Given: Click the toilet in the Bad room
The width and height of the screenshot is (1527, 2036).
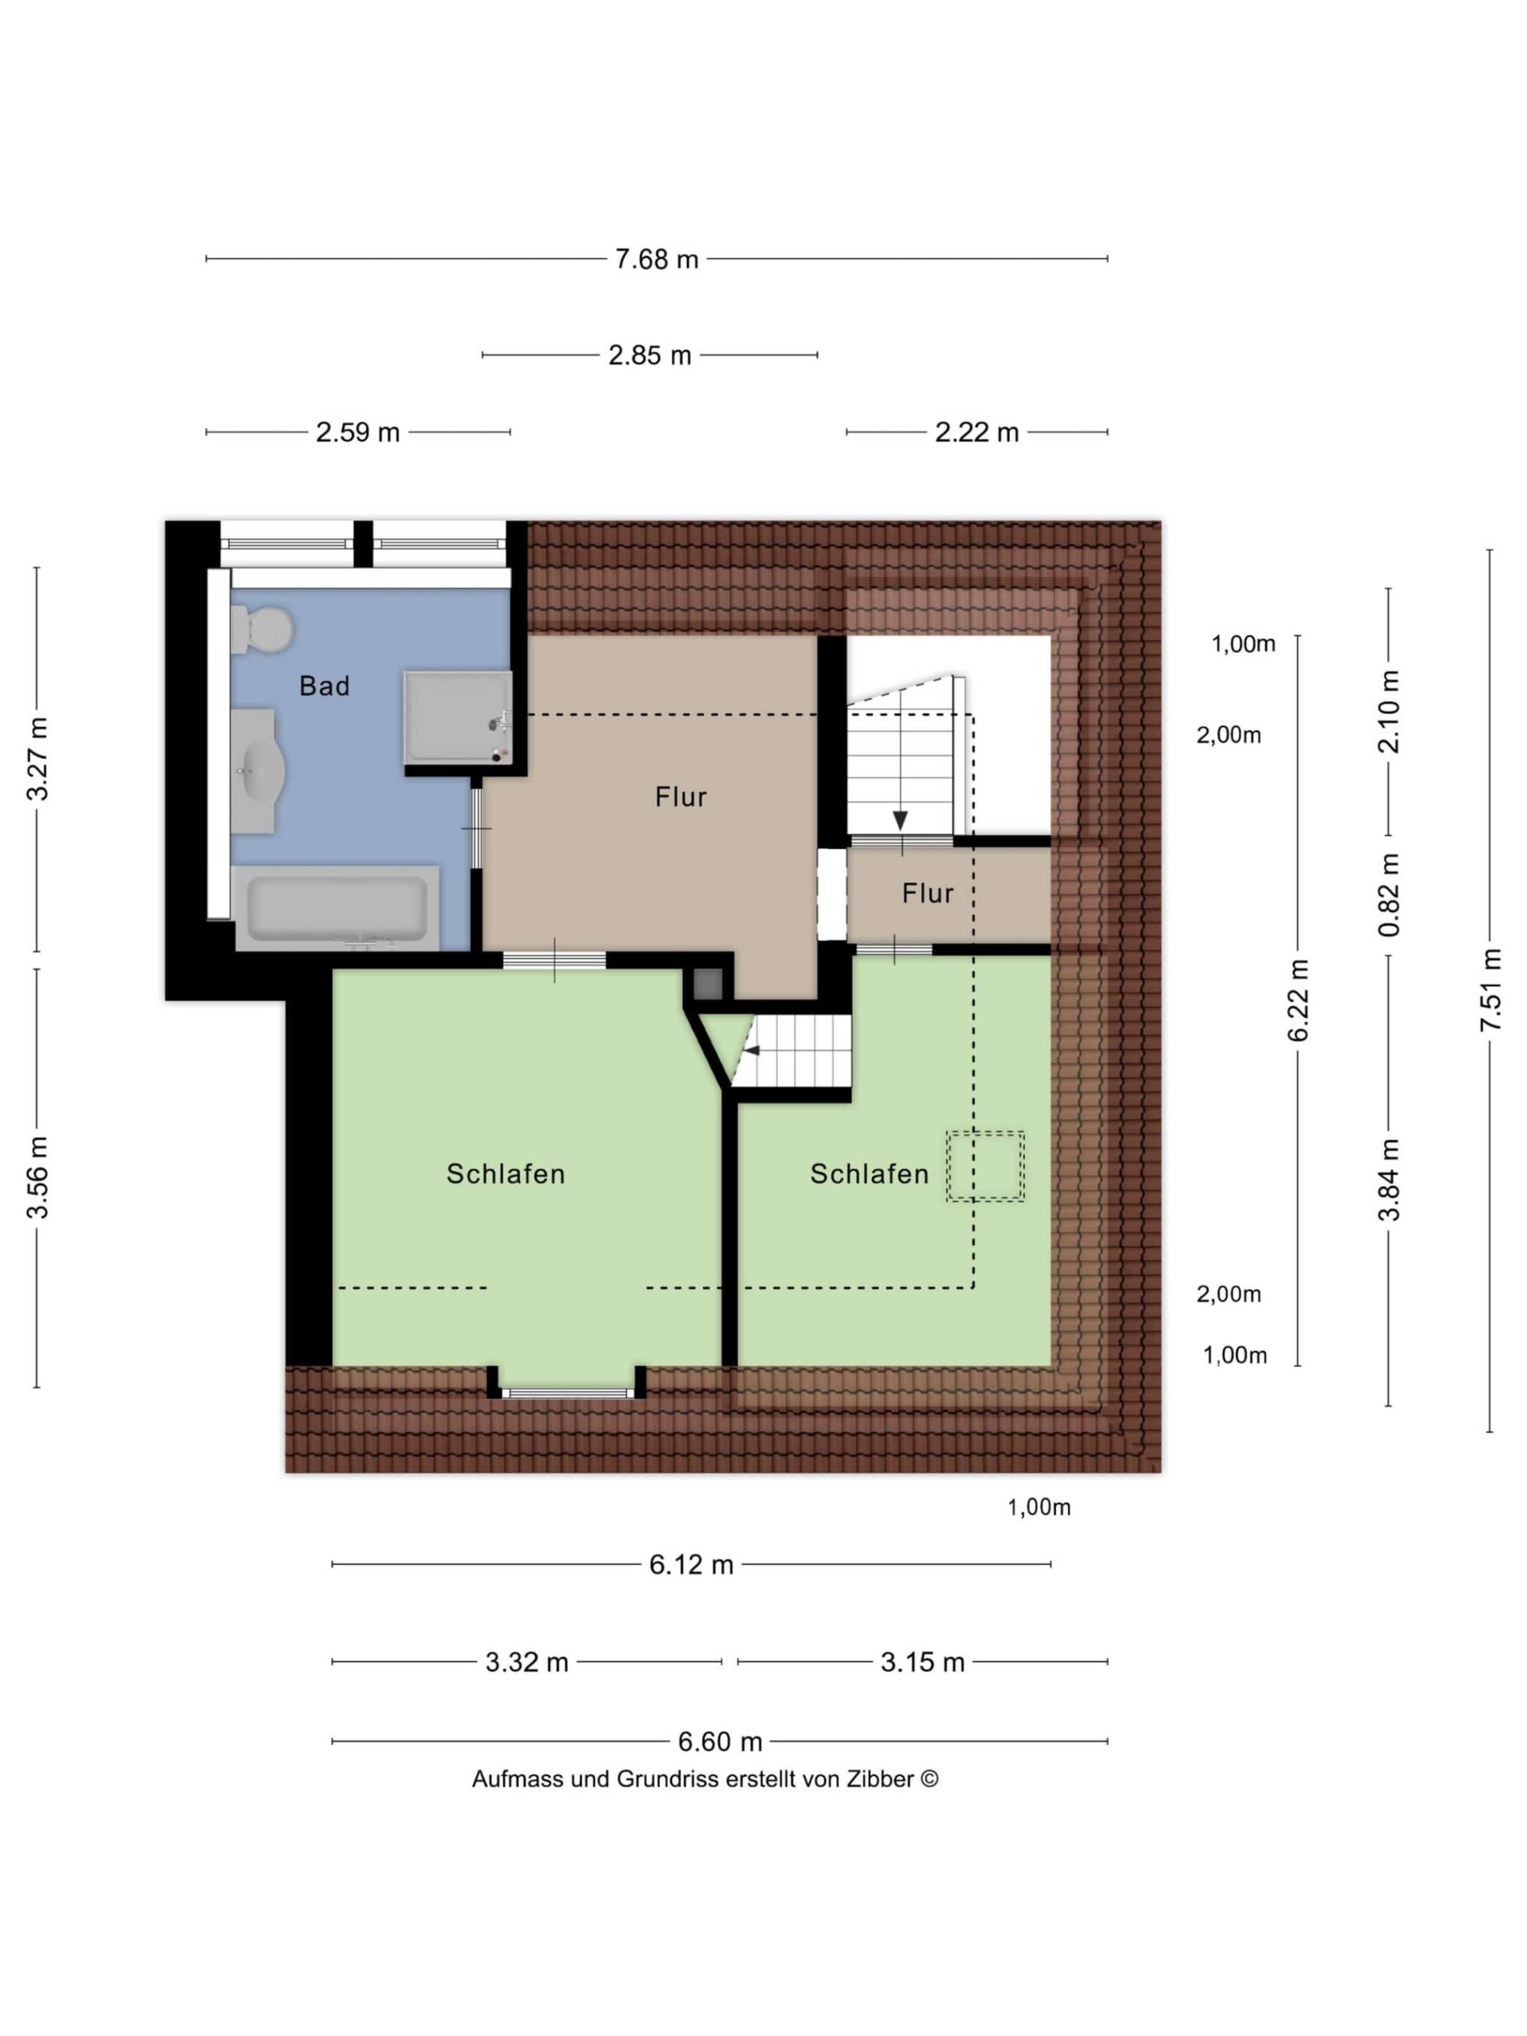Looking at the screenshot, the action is point(260,629).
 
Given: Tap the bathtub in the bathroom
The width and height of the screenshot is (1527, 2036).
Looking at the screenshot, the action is point(337,907).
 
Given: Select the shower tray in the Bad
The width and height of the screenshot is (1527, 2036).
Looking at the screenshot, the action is point(457,717).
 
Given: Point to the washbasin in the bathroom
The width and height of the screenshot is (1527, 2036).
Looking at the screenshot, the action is point(254,771).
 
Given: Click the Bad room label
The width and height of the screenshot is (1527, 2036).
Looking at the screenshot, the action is point(324,686).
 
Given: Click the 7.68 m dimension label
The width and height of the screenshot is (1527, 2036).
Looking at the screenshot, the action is point(657,260).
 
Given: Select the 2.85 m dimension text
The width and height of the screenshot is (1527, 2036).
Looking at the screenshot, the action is point(649,355).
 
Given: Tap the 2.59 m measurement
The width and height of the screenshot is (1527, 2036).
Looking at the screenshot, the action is point(357,432).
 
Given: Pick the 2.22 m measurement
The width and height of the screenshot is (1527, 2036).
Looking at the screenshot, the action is point(977,432).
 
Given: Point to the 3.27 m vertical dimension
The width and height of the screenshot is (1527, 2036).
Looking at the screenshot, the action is point(37,758).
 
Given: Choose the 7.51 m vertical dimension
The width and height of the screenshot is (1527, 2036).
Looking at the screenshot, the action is point(1490,990).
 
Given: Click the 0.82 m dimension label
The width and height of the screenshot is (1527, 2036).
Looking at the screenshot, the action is point(1388,894).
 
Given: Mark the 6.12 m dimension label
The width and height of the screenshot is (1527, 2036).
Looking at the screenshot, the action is point(691,1565).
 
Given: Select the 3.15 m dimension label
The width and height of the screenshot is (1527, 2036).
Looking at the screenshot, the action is point(922,1663).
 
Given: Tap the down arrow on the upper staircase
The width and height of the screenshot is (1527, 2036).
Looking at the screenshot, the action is point(900,820).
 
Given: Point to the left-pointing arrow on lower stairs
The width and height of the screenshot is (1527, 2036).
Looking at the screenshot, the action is point(752,1050).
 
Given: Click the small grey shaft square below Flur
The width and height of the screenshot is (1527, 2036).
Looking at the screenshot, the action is point(709,984).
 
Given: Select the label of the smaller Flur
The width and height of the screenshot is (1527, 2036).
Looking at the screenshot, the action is point(927,893).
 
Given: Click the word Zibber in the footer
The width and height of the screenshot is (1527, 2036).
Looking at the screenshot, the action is point(880,1779).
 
